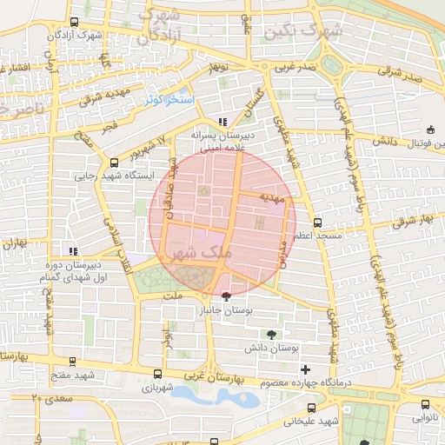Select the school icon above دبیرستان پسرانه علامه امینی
(222, 123)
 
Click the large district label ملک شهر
(203, 252)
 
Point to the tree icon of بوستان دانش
(273, 334)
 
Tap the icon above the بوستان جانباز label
(227, 296)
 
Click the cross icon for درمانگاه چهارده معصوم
(304, 370)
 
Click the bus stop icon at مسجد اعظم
(317, 222)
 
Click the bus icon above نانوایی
(424, 403)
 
